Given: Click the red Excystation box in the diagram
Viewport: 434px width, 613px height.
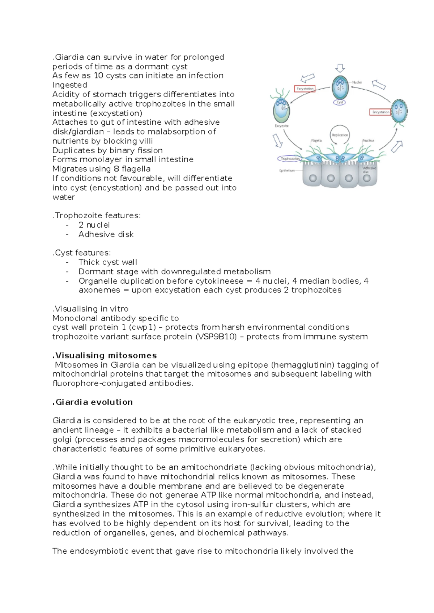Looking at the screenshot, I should click(x=305, y=89).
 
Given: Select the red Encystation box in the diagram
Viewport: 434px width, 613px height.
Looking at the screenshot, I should click(x=380, y=112).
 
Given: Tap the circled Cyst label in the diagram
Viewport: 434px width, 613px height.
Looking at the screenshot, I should click(x=340, y=102).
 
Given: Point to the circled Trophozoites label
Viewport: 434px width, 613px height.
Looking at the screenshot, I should click(x=290, y=158).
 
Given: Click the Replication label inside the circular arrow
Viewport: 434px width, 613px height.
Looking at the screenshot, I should click(x=340, y=135).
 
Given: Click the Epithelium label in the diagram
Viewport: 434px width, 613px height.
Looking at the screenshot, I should click(x=287, y=171).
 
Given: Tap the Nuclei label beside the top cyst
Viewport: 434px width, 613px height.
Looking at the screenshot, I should click(x=357, y=82).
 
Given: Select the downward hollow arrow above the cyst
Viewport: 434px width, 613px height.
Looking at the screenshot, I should click(x=340, y=68).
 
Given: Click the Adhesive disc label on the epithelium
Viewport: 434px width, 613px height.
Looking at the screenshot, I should click(x=369, y=170).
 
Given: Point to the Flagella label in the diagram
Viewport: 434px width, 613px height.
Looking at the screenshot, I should click(x=316, y=141).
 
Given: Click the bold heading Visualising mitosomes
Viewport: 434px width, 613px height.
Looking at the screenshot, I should click(x=105, y=355).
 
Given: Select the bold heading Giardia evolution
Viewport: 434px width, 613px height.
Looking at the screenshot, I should click(x=93, y=402).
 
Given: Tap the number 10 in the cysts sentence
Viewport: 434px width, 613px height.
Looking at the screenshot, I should click(x=98, y=76).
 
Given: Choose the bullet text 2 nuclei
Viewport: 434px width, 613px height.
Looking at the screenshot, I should click(x=94, y=225).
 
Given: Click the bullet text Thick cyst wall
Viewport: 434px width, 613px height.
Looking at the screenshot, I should click(x=108, y=262).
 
